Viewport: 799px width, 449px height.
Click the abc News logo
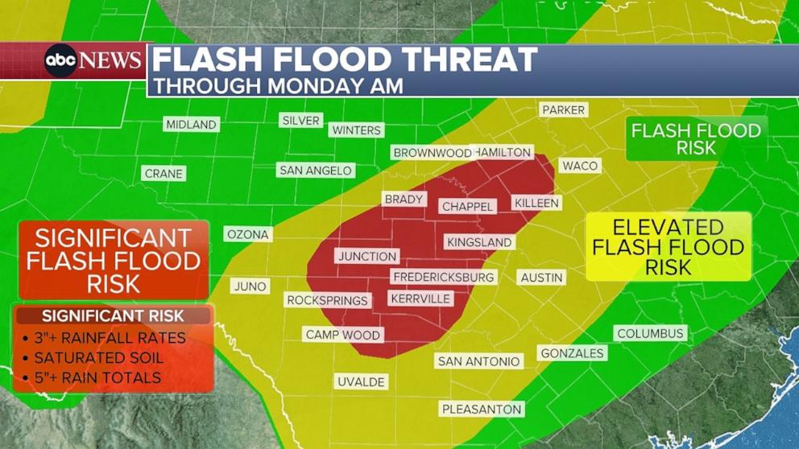coord(93,60)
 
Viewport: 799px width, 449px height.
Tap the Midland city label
coord(191,124)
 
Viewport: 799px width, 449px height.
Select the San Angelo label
coord(315,170)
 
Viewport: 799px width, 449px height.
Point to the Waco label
coord(580,165)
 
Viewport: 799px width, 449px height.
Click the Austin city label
coord(541,277)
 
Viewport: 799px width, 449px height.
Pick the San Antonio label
coord(478,361)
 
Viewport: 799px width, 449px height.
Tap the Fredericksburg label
coord(444,277)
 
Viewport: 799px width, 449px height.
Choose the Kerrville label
coord(420,299)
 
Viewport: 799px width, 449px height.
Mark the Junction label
coord(367,256)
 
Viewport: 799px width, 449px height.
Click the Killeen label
coord(536,203)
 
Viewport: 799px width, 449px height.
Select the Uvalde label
coord(361,381)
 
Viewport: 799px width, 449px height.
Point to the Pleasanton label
coord(482,409)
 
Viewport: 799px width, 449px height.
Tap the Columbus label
coord(650,333)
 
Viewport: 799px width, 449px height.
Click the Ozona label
coord(248,234)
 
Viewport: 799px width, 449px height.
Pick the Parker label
coord(563,109)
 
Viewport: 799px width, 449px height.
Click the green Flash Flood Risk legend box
coord(696,138)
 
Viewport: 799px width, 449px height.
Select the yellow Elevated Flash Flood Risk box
coord(668,247)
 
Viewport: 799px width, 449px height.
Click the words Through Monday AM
coord(279,85)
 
